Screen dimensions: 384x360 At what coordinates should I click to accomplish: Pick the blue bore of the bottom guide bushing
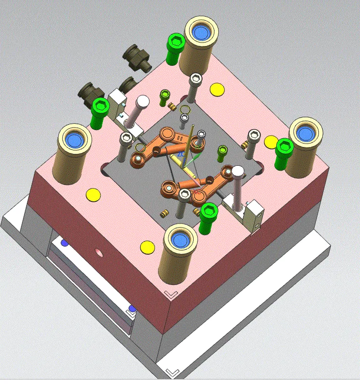pyautogui.click(x=179, y=240)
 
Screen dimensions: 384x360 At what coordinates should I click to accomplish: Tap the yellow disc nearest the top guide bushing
pyautogui.click(x=217, y=90)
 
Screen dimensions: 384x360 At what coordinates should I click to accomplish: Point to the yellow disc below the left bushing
pyautogui.click(x=93, y=194)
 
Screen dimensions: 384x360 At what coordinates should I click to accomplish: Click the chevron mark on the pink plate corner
pyautogui.click(x=170, y=294)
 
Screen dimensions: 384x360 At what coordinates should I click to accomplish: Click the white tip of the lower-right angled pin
pyautogui.click(x=238, y=172)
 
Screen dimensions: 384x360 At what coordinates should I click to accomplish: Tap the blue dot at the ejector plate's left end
pyautogui.click(x=63, y=242)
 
